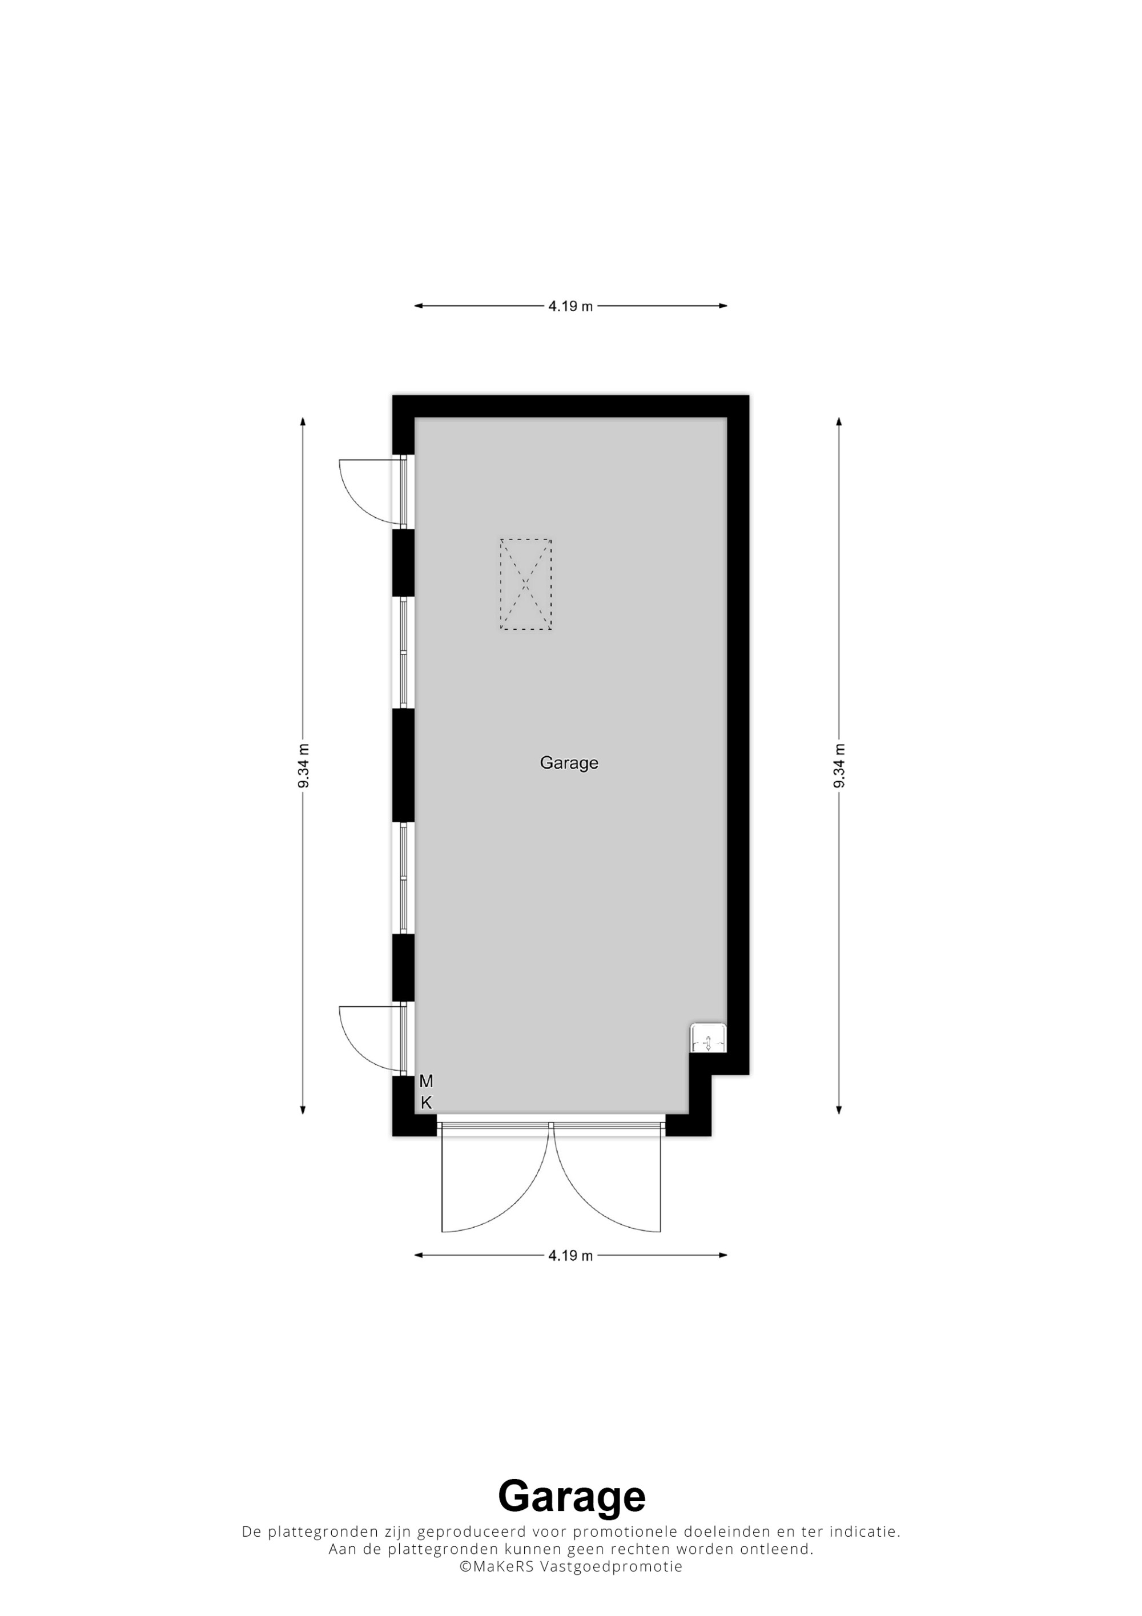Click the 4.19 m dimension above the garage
[570, 305]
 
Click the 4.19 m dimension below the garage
[570, 1255]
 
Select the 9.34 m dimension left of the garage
[303, 766]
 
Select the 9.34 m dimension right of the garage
[839, 766]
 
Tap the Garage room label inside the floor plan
[569, 763]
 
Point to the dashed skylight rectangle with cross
[526, 584]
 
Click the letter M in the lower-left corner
[426, 1081]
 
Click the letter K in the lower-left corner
[426, 1103]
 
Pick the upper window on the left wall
[404, 653]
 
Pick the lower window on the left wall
[404, 878]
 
